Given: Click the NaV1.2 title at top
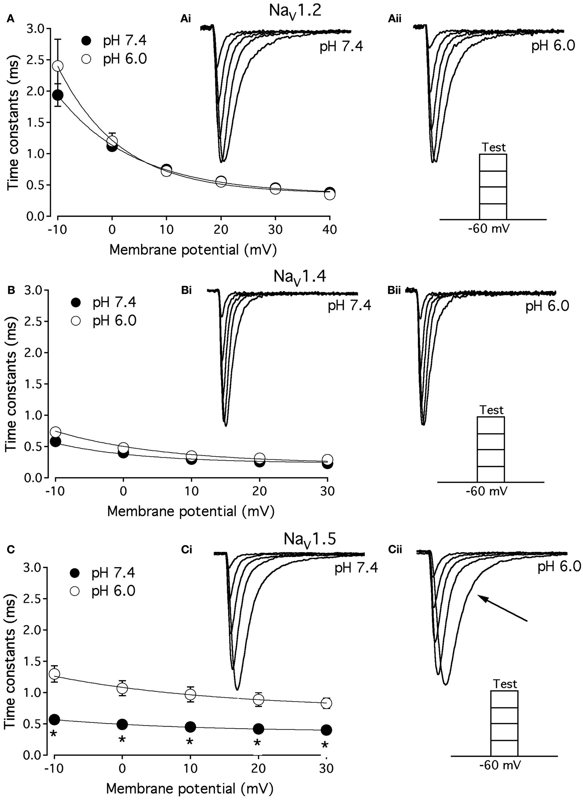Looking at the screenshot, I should pos(295,11).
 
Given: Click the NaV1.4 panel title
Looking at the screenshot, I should pos(300,277).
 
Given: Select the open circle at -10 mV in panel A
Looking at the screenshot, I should pos(58,66).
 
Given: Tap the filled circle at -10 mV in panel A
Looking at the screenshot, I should pos(58,95).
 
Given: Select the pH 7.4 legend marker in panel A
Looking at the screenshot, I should pos(86,41).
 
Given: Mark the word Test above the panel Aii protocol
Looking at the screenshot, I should pos(494,147).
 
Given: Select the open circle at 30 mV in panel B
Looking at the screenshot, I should pos(327,460).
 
